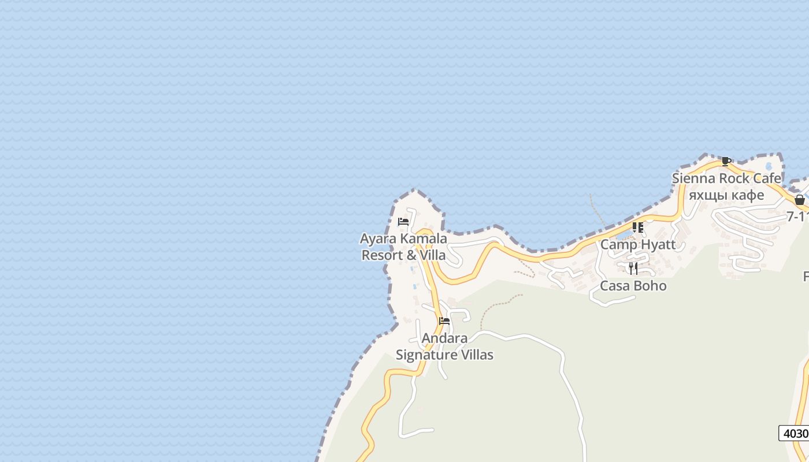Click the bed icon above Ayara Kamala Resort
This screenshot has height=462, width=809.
point(403,221)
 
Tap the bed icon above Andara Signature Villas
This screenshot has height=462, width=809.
point(444,321)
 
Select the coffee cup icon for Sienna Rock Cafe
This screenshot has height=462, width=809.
point(726,161)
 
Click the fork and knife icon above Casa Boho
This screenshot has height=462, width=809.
point(633,268)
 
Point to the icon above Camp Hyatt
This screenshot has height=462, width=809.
point(638,228)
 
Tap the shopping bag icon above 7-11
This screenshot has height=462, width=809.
point(800,200)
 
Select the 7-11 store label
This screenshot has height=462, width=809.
point(797,217)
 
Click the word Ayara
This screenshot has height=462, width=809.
point(376,239)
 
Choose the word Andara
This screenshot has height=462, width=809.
point(444,338)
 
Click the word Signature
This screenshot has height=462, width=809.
point(426,354)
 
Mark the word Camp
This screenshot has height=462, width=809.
point(618,244)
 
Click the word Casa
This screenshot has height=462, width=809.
point(615,285)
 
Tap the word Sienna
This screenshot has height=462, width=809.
point(691,178)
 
